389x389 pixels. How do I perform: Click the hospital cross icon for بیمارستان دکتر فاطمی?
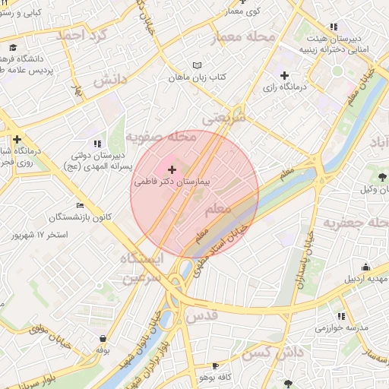pyautogui.click(x=170, y=169)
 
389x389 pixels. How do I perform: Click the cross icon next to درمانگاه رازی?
pyautogui.click(x=284, y=75)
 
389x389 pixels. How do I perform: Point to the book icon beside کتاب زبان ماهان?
pyautogui.click(x=198, y=65)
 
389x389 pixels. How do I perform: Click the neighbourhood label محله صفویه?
pyautogui.click(x=161, y=138)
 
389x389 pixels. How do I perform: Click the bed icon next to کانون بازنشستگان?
pyautogui.click(x=81, y=205)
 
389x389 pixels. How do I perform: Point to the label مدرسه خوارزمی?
pyautogui.click(x=342, y=328)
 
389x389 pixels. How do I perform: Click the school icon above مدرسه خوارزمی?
pyautogui.click(x=342, y=315)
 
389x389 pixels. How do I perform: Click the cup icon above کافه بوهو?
pyautogui.click(x=215, y=365)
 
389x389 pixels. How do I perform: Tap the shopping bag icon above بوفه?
pyautogui.click(x=103, y=338)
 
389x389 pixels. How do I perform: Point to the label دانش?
pyautogui.click(x=110, y=80)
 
